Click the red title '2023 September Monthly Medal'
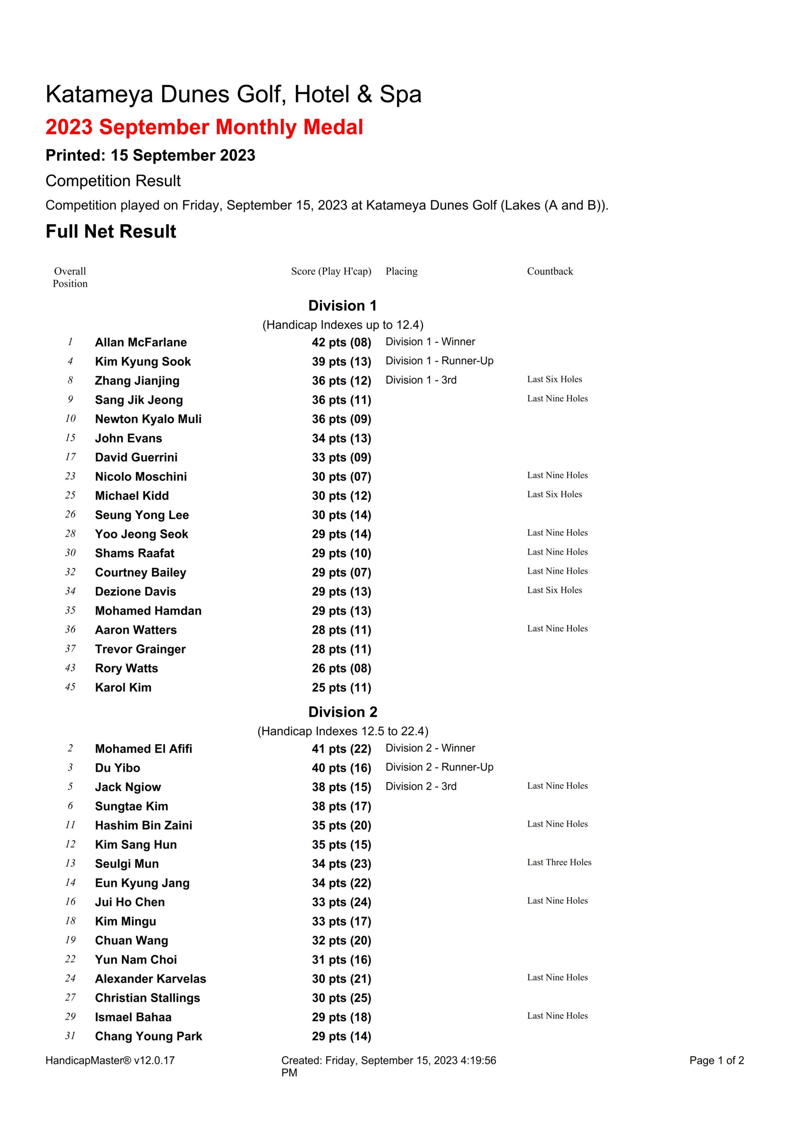[204, 128]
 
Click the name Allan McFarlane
[141, 342]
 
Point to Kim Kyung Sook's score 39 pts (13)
[341, 362]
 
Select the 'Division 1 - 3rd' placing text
[421, 380]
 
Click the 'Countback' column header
[549, 271]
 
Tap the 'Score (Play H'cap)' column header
[331, 271]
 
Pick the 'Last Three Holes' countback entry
[559, 862]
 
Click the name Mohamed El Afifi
[143, 749]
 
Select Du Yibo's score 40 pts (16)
[341, 768]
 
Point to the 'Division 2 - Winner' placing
[430, 748]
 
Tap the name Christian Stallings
[147, 998]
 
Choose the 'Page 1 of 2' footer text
[716, 1060]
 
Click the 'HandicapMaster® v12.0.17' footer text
[110, 1060]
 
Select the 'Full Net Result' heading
[111, 231]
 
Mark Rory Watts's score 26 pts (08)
[341, 669]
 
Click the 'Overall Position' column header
[70, 277]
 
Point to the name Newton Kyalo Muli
[148, 419]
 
